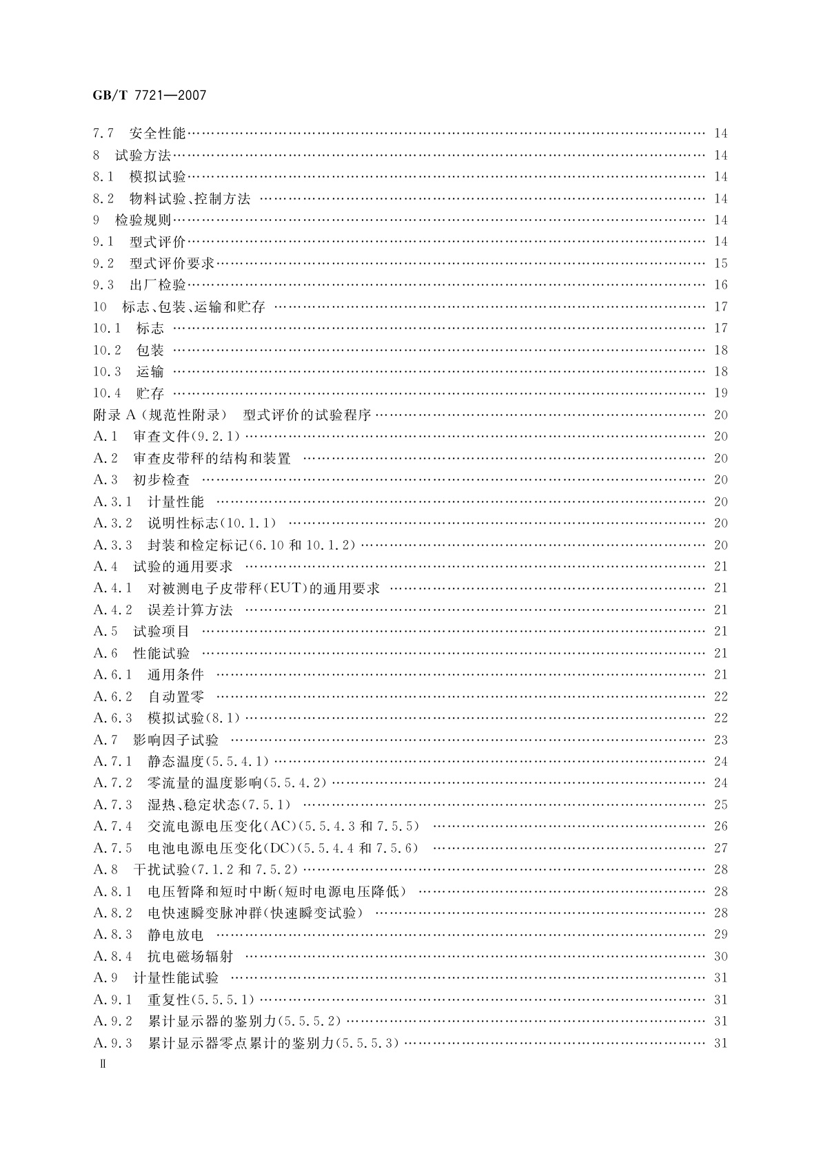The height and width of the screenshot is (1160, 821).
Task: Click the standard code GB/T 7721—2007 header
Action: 150,96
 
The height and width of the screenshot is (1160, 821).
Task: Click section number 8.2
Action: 103,199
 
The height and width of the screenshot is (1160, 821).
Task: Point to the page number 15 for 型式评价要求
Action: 721,264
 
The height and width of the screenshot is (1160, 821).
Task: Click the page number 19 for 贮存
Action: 721,393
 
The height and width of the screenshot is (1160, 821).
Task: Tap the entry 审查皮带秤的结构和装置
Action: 212,459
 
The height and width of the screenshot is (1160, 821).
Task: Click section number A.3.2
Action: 112,524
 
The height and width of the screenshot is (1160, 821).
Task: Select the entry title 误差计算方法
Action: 190,610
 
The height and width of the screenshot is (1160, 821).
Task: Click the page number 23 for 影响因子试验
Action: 721,740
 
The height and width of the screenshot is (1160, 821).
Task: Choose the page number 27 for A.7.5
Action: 721,849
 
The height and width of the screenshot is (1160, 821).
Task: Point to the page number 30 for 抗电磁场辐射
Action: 721,957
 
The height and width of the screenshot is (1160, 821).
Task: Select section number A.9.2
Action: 112,1022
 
